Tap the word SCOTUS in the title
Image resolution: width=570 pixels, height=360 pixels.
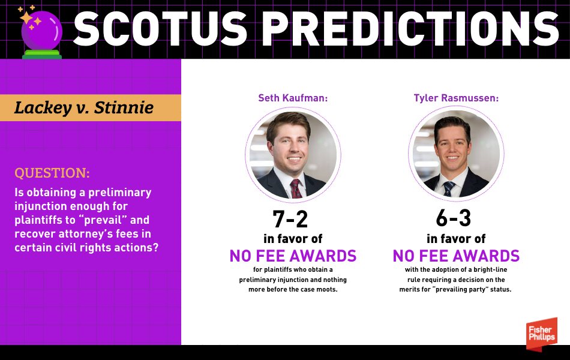pyautogui.click(x=160, y=29)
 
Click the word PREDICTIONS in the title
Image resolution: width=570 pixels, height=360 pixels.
pyautogui.click(x=410, y=29)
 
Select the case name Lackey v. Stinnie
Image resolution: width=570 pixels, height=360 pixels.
pyautogui.click(x=84, y=107)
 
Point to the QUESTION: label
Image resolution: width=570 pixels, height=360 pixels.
pyautogui.click(x=52, y=173)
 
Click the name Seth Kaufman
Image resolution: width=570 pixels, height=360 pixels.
pyautogui.click(x=293, y=98)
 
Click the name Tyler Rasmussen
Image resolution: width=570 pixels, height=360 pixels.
pyautogui.click(x=456, y=98)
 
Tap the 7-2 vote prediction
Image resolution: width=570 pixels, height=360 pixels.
pyautogui.click(x=290, y=219)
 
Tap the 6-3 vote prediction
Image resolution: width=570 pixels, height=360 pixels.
pyautogui.click(x=454, y=218)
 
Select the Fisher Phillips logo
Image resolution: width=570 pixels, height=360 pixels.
pyautogui.click(x=542, y=334)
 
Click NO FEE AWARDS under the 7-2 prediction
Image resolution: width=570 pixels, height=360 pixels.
pyautogui.click(x=293, y=256)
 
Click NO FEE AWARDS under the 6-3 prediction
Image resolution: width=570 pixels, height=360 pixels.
pyautogui.click(x=456, y=256)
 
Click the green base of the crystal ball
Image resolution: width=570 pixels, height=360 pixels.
pyautogui.click(x=42, y=55)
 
